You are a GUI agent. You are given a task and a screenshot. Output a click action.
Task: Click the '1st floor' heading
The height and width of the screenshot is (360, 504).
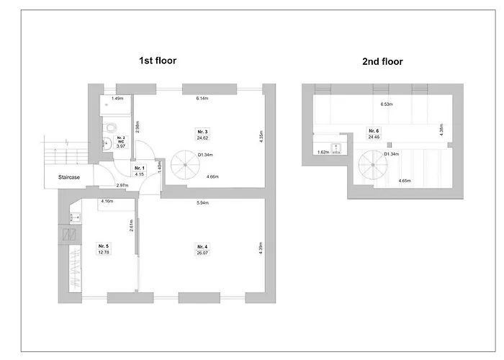[x=158, y=61]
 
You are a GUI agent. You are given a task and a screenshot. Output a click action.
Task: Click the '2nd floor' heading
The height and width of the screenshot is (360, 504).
[x=382, y=62]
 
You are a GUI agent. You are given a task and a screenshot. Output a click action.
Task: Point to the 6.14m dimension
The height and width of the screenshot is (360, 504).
[x=201, y=99]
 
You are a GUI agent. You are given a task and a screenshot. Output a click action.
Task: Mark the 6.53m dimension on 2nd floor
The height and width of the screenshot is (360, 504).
[x=387, y=104]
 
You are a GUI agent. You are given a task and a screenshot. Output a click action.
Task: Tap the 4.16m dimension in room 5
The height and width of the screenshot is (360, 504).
[x=107, y=201]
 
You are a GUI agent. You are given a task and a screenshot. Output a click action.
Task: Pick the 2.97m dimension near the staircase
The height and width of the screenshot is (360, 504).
[x=122, y=185]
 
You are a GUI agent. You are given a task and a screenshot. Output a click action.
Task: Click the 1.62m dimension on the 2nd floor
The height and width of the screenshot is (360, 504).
[x=323, y=153]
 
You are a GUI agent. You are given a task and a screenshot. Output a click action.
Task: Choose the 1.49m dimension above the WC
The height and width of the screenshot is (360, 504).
[x=117, y=99]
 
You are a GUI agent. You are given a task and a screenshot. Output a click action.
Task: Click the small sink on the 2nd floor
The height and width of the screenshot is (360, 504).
[x=336, y=143]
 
